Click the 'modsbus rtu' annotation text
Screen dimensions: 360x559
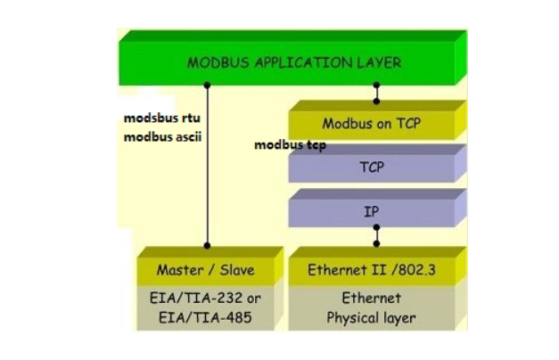click(x=162, y=119)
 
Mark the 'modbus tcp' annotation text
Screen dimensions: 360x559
click(x=290, y=144)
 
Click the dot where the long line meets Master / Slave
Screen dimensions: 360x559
click(x=207, y=244)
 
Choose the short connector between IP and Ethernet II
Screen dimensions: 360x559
click(x=376, y=234)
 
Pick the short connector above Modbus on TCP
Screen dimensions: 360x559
click(x=376, y=93)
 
